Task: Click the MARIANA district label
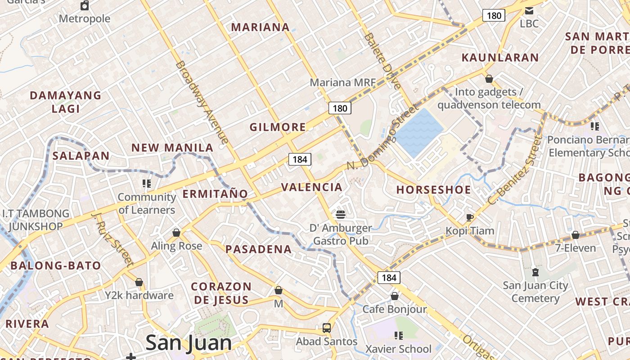pos(260,27)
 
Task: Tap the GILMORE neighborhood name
pos(278,127)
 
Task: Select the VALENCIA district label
pos(311,187)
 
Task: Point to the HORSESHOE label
pos(433,190)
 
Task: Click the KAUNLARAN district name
pos(500,58)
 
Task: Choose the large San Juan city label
pos(189,343)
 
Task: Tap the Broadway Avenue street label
pos(202,102)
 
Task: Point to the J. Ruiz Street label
pos(112,238)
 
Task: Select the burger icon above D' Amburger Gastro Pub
pos(341,214)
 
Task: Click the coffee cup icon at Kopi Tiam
pos(470,218)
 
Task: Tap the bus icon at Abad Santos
pos(327,328)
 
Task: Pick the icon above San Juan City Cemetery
pos(535,272)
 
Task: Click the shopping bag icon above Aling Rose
pos(176,233)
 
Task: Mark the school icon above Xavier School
pos(398,335)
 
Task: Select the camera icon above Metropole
pos(85,5)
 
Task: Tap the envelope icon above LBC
pos(529,10)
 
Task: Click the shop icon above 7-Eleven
pos(575,235)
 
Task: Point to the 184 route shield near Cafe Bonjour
pos(389,278)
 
